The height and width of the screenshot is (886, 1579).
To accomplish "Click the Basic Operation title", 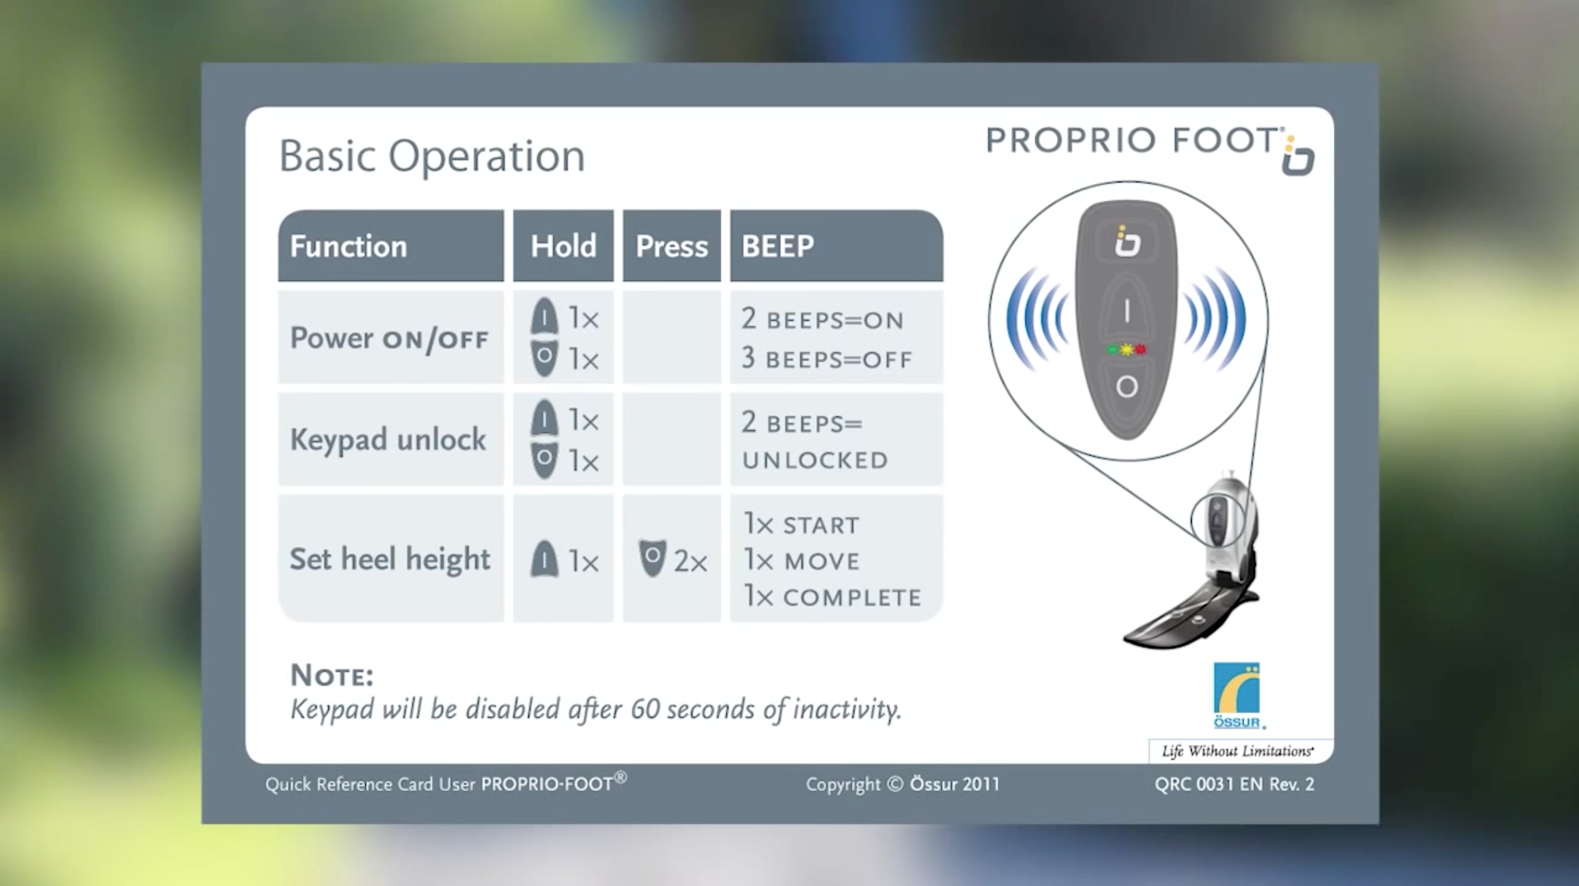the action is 432,156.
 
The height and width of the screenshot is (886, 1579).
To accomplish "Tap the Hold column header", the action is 563,246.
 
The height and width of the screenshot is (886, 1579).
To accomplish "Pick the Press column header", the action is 672,246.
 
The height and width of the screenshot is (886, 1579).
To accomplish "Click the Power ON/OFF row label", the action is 389,338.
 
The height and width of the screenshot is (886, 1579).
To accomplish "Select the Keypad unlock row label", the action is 388,439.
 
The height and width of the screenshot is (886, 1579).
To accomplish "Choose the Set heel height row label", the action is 390,559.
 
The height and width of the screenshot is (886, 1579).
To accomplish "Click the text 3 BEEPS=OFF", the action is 827,359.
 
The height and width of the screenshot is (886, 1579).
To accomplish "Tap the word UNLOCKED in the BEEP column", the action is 815,460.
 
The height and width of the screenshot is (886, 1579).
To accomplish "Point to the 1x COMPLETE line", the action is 832,596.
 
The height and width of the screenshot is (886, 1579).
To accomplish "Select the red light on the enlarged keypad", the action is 1141,349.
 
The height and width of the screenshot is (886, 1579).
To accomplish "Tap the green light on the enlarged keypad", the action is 1113,349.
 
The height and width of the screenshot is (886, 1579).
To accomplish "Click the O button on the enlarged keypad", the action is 1127,387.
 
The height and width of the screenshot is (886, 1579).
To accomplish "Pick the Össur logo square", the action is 1236,688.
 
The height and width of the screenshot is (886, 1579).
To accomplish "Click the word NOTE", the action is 331,676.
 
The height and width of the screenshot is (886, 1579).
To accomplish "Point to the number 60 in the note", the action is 645,709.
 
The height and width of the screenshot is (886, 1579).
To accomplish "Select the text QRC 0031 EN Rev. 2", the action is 1235,785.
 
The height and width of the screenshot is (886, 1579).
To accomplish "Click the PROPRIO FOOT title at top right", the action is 1133,140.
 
